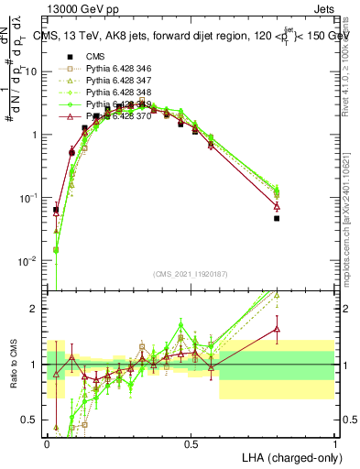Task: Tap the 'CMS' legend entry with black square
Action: pos(97,58)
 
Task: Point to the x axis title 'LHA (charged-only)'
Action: pos(288,457)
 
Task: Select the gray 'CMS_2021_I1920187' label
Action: pos(191,274)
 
